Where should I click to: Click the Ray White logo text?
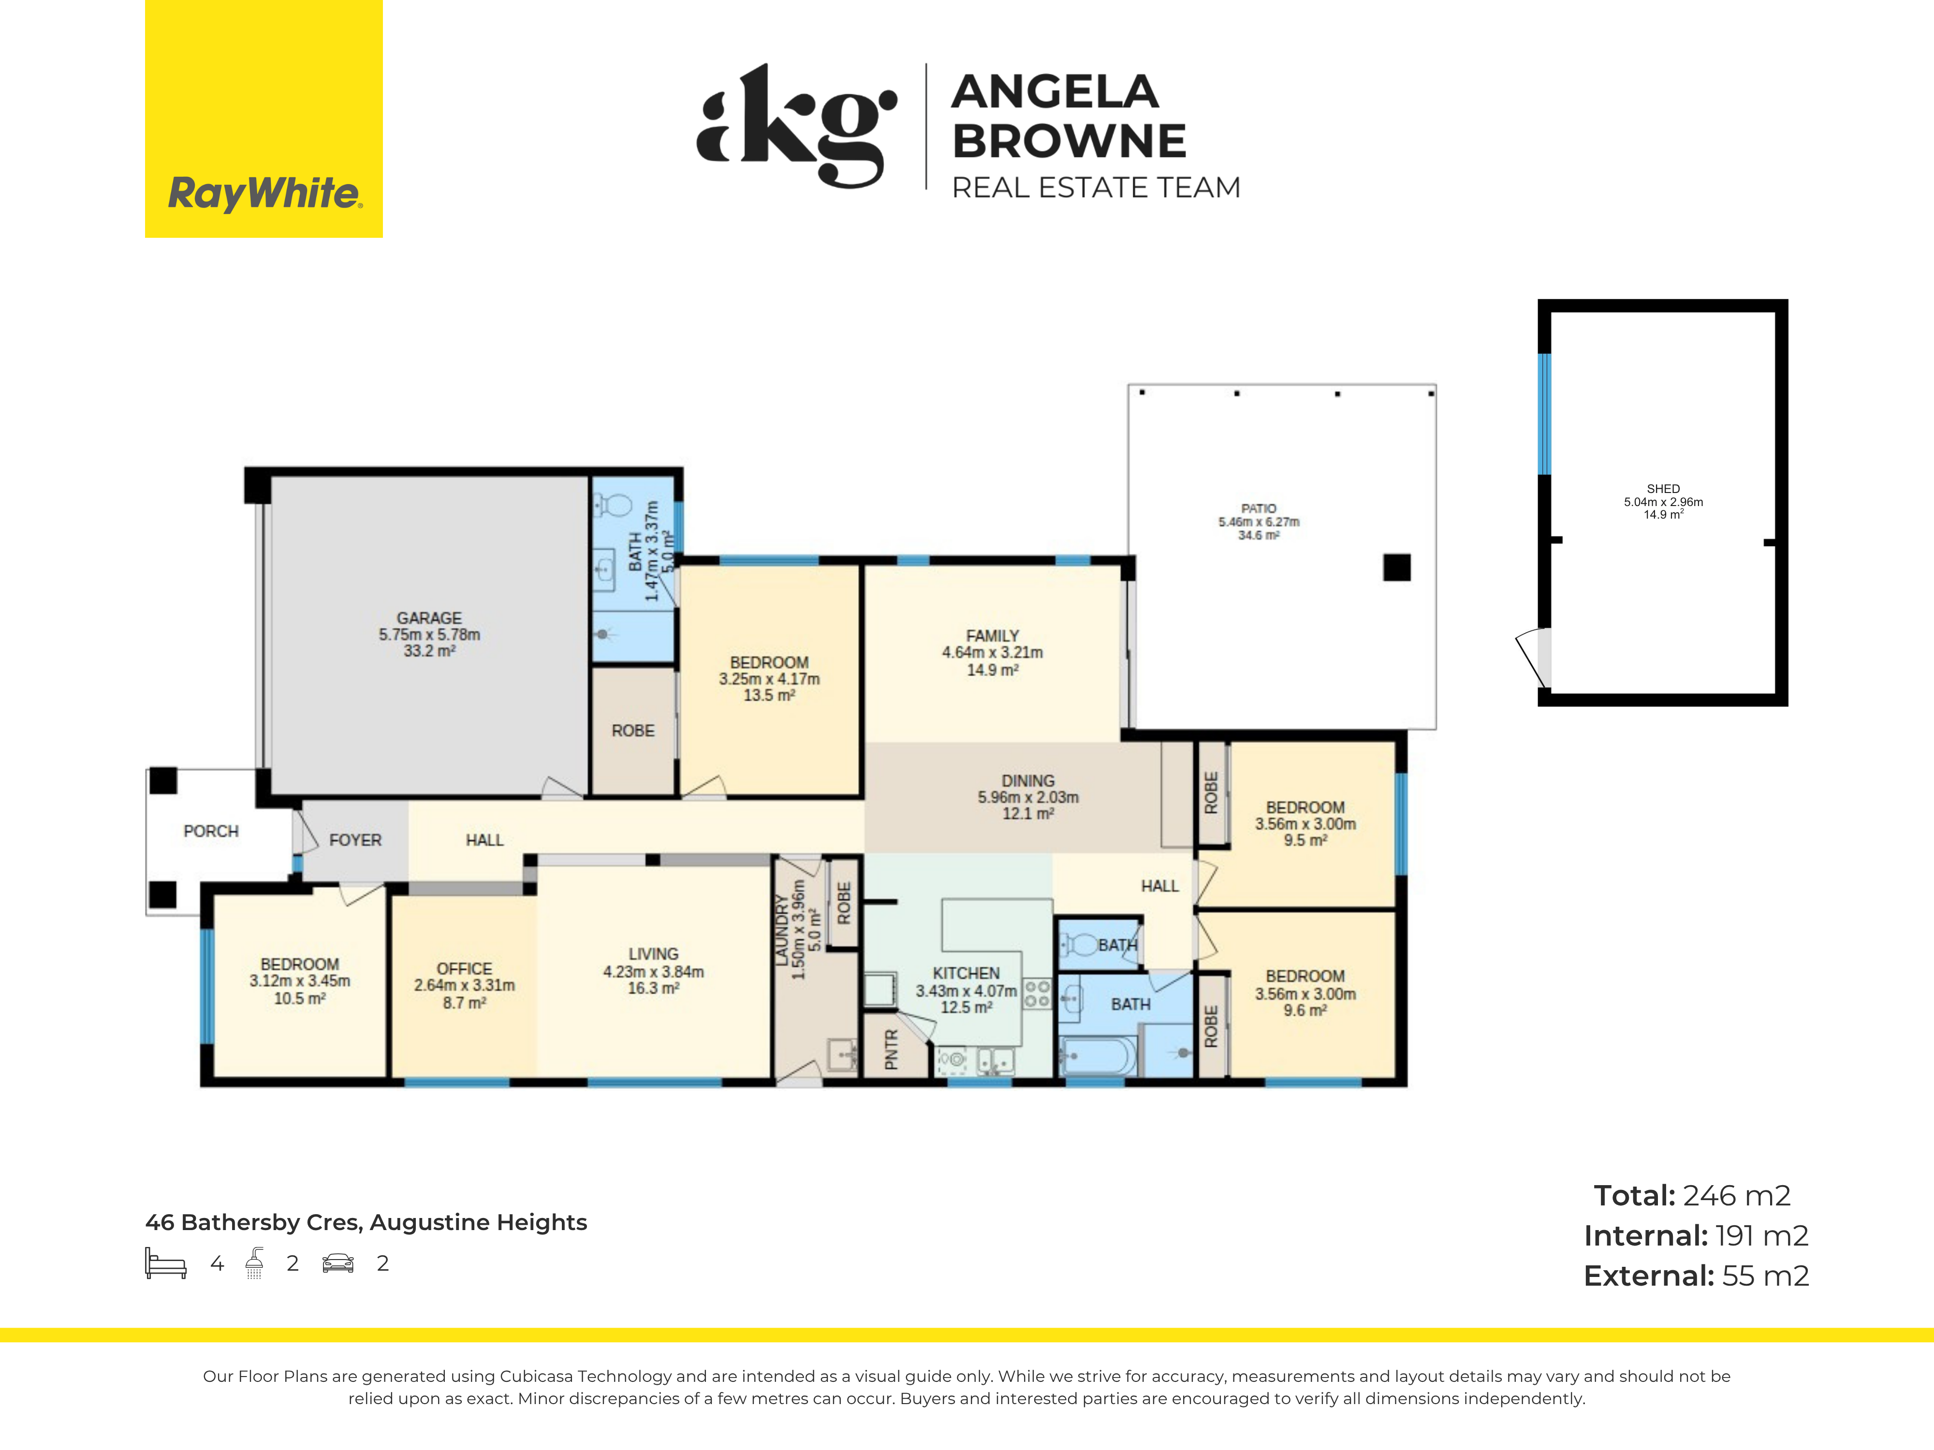click(264, 193)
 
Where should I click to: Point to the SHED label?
click(1663, 489)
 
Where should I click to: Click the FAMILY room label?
click(992, 636)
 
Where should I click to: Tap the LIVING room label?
click(653, 954)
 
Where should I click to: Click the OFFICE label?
click(464, 969)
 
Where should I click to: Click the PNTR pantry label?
click(892, 1049)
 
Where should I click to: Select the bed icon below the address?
click(166, 1264)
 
